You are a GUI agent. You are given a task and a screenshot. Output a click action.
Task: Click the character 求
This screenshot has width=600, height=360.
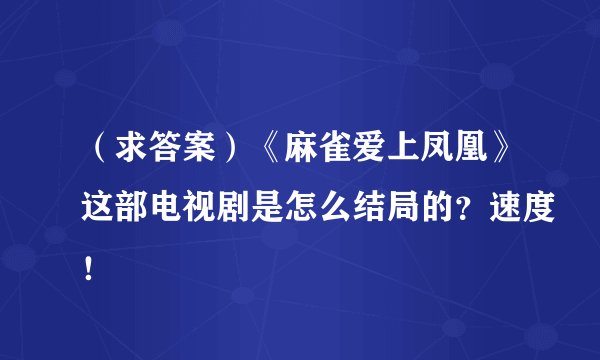point(137,153)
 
